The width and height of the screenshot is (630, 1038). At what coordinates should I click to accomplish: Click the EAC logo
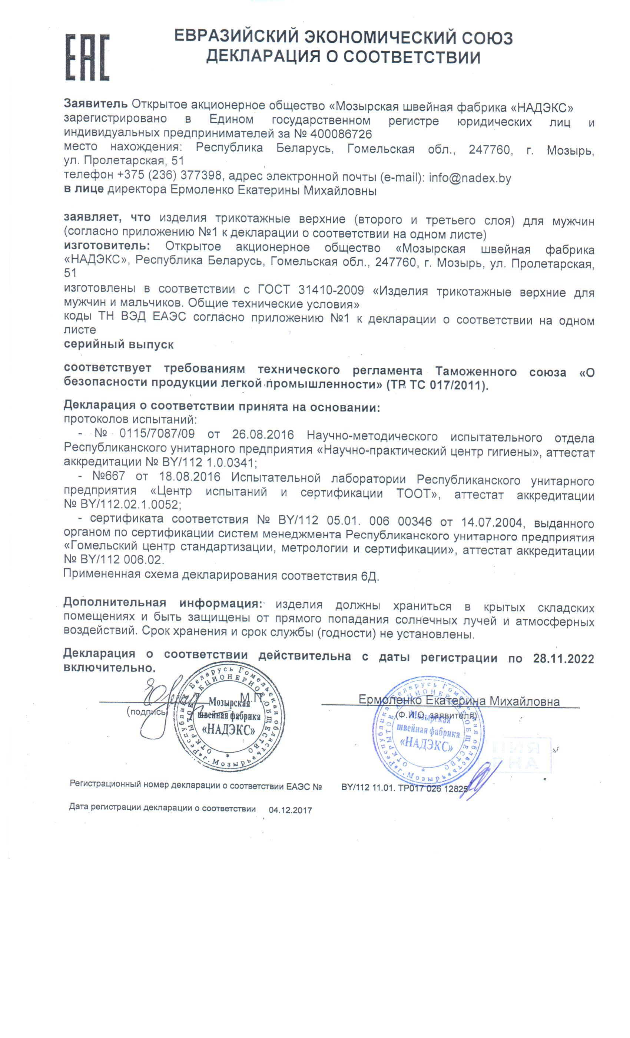click(x=87, y=57)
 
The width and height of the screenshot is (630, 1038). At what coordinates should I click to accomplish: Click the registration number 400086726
click(x=341, y=134)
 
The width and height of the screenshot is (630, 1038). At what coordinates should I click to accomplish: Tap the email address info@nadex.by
click(x=470, y=178)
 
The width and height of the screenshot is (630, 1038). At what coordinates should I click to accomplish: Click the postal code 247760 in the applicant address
click(x=490, y=149)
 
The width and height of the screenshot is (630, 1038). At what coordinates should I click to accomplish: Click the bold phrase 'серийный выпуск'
click(x=118, y=344)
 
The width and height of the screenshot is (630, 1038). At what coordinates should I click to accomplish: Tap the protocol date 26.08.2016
click(x=263, y=435)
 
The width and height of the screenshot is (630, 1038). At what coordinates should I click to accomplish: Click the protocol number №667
click(x=108, y=476)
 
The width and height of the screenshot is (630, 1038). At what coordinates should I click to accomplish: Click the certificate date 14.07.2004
click(x=491, y=522)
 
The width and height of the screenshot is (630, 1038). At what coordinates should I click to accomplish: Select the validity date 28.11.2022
click(x=563, y=658)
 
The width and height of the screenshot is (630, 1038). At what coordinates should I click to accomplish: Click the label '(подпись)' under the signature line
click(x=147, y=711)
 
